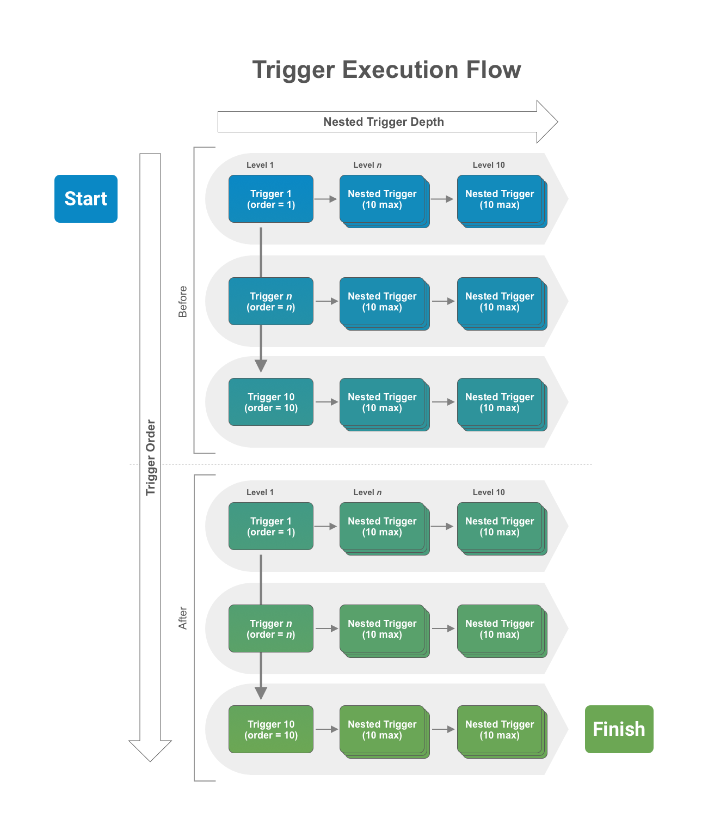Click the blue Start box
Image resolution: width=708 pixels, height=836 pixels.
tap(86, 199)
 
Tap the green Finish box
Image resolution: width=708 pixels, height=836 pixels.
tap(619, 729)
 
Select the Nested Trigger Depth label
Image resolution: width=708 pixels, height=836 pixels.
tap(384, 122)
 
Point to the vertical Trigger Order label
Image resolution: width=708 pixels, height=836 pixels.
tap(151, 457)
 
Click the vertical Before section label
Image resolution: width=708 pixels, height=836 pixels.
tap(183, 301)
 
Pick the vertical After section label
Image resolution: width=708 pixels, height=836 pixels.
tap(183, 618)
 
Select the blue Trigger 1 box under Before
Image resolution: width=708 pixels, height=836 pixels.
tap(271, 199)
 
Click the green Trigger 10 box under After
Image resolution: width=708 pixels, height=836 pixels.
tap(271, 729)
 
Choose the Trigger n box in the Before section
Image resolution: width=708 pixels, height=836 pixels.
tap(271, 301)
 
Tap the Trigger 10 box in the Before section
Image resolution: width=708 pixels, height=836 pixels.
tap(271, 402)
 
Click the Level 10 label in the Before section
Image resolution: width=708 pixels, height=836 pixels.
tap(489, 165)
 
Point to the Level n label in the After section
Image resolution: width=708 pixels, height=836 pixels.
tap(367, 492)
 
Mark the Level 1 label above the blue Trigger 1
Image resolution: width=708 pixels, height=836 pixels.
tap(260, 165)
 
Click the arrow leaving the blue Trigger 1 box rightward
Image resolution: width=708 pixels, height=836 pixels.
tap(325, 199)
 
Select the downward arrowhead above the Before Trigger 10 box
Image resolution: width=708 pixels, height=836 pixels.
tap(261, 365)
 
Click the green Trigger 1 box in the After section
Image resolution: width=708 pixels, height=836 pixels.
tap(271, 526)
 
